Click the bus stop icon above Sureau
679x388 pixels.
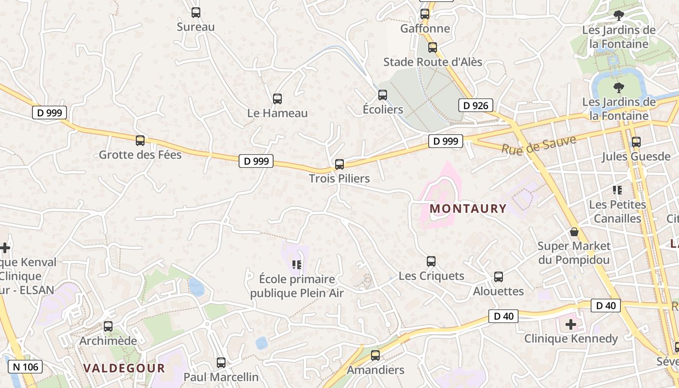[196, 13]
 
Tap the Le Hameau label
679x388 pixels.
[277, 113]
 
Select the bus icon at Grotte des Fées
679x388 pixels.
[140, 141]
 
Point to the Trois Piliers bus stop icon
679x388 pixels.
[339, 164]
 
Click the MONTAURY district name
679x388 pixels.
[468, 209]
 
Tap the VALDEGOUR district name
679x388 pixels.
[124, 368]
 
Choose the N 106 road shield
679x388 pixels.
[25, 367]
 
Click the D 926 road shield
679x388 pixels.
[475, 105]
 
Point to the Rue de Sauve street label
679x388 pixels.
[538, 145]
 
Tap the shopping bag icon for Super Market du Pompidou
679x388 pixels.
[574, 232]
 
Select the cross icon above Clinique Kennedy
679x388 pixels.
[571, 324]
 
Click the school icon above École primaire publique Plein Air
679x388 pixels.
[297, 265]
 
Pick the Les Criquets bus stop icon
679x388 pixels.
[431, 261]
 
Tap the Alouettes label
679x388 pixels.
[498, 291]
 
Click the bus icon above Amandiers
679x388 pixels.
[375, 356]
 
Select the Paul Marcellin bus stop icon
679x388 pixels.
[221, 362]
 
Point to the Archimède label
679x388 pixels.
[108, 340]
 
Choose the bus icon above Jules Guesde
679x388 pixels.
[636, 142]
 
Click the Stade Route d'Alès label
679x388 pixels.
[433, 62]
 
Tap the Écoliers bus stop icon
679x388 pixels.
[383, 95]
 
